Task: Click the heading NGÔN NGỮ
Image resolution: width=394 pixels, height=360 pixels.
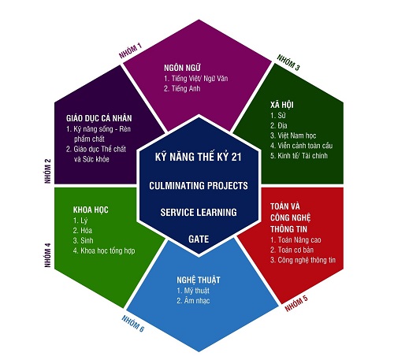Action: pos(182,68)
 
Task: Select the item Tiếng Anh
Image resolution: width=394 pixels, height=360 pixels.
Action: pos(182,88)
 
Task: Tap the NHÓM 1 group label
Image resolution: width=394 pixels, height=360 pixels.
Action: pos(130,51)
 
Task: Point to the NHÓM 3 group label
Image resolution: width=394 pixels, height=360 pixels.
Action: pos(288,62)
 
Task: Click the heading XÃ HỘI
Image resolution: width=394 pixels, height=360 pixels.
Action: pos(282,105)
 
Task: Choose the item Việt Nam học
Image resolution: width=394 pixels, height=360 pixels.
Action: pos(293,135)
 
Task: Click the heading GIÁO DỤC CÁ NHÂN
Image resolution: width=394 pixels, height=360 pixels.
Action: pos(99,118)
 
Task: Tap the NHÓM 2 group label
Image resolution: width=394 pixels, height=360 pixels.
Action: pos(48,171)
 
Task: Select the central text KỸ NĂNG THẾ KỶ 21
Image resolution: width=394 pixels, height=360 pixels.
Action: pos(198,157)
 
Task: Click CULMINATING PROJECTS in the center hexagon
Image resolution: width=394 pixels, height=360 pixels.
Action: pos(199,186)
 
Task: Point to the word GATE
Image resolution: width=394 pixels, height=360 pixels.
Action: pos(199,239)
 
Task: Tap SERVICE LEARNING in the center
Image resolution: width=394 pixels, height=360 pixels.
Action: pos(199,212)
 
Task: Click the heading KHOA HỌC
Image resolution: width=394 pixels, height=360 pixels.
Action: pos(91,210)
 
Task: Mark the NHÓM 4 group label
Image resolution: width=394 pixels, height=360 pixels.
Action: pos(48,255)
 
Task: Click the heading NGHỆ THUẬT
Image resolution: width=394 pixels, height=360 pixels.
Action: pos(199,280)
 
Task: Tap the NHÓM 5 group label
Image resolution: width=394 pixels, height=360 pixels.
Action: pos(296,303)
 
